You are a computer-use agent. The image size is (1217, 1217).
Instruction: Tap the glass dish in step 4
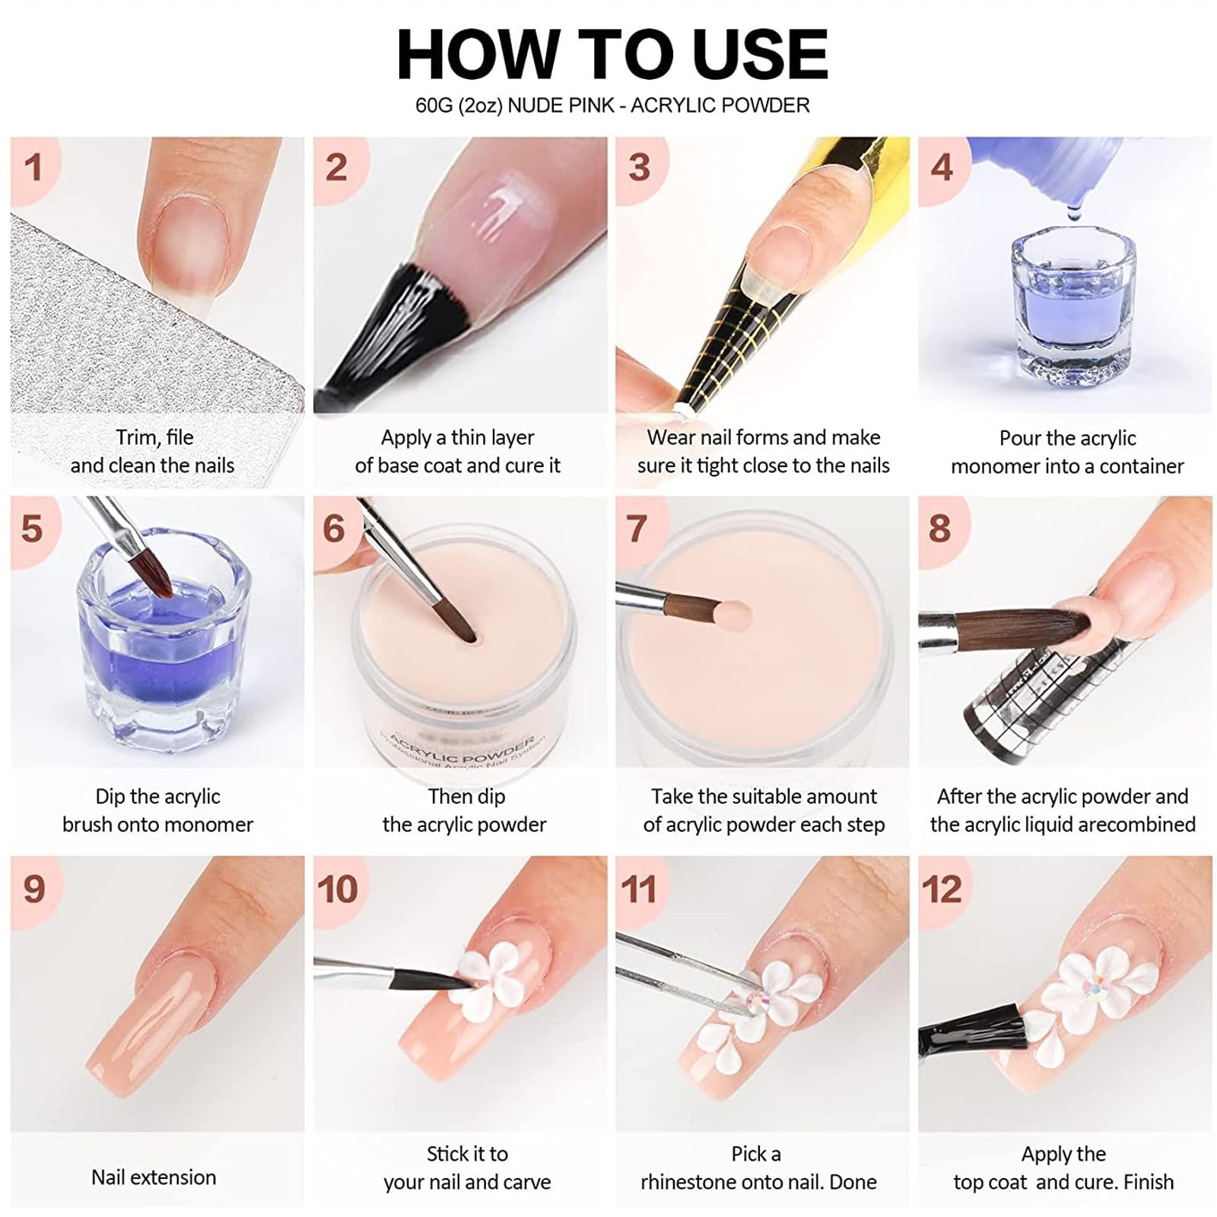coord(1069,310)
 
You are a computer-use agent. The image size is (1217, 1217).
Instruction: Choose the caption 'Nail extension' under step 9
coord(154,1177)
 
